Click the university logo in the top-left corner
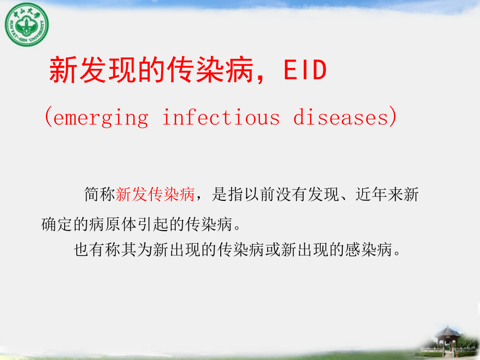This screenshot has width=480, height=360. [x=27, y=24]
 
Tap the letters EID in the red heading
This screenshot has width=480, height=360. [x=305, y=71]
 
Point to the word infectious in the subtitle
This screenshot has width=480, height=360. [x=221, y=117]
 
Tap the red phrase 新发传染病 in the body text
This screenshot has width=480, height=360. [x=155, y=195]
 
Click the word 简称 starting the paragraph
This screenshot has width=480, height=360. [x=100, y=195]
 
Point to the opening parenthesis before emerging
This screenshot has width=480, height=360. [x=47, y=117]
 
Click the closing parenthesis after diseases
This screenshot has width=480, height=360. [x=392, y=117]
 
